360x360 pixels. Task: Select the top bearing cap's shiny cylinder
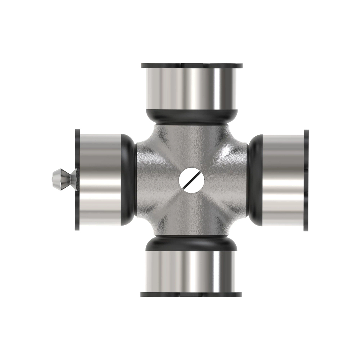(x=191, y=88)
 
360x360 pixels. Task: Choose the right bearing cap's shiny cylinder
(x=283, y=180)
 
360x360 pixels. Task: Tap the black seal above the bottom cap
(x=191, y=244)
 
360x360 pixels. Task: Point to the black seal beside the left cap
(x=127, y=180)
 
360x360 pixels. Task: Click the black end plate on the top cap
(x=191, y=65)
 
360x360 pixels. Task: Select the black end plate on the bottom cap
(x=191, y=294)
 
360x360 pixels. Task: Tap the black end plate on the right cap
(x=306, y=180)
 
